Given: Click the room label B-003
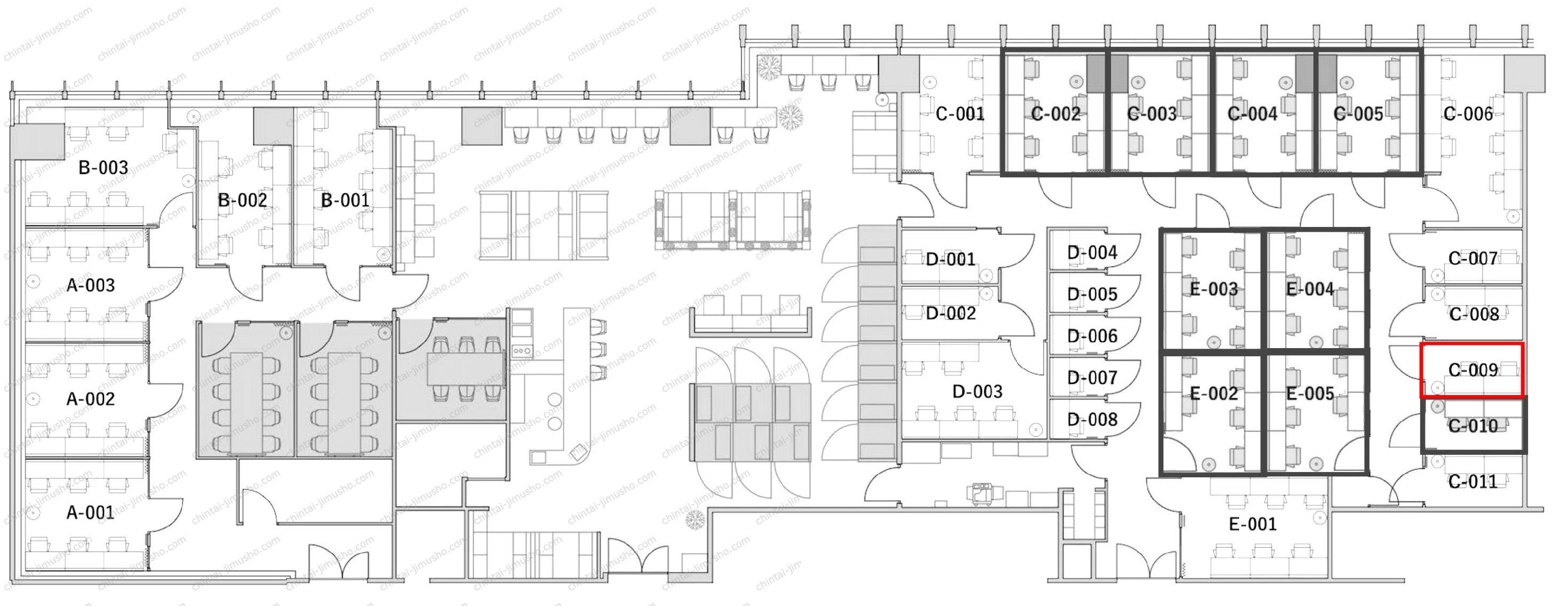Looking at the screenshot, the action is tap(103, 168).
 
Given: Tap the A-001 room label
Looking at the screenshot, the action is tap(90, 513).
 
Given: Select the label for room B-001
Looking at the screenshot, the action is tap(345, 200).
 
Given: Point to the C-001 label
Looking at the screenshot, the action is tap(960, 114).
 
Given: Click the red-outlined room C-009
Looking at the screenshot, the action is tap(1472, 371).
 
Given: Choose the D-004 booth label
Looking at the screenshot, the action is tap(1092, 253).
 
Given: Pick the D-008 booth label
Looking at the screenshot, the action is tap(1092, 420).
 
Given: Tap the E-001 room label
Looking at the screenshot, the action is tap(1253, 524).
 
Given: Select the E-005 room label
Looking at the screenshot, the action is tap(1310, 394).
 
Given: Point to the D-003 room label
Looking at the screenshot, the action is tap(977, 392).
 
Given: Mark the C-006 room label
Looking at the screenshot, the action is tap(1468, 114).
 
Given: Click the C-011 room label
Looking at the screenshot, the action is tap(1473, 482).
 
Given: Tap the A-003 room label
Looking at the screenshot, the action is tap(90, 286).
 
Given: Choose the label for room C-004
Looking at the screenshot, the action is tap(1252, 114).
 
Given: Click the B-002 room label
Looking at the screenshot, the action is tap(242, 200).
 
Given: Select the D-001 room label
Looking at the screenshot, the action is tap(951, 260).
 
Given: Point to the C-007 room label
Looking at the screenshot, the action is tap(1473, 258).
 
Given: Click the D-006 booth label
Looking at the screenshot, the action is tap(1092, 336).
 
